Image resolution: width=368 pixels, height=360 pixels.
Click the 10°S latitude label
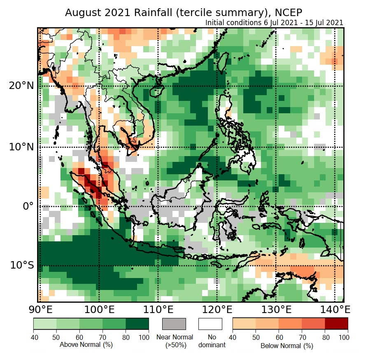click(21, 265)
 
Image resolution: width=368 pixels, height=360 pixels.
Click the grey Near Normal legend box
click(174, 324)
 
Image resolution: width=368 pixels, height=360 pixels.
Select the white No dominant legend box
click(210, 324)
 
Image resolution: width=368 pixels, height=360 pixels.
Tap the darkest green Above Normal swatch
click(137, 324)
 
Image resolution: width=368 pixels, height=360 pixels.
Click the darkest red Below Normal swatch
click(336, 324)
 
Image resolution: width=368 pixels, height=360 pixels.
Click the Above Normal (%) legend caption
click(86, 344)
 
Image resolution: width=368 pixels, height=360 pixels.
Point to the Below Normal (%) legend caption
click(287, 346)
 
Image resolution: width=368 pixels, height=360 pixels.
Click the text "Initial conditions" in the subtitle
click(233, 22)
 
